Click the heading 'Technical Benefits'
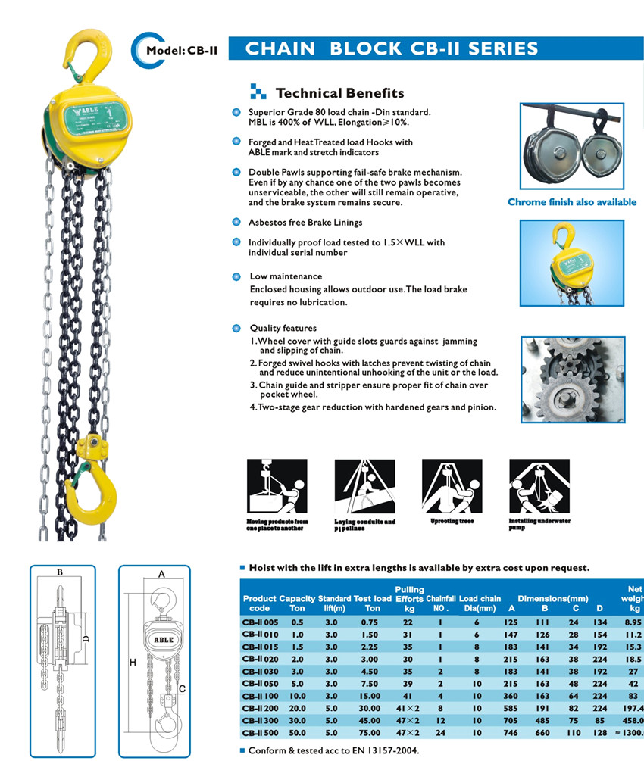coord(339,93)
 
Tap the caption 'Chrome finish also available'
coord(572,202)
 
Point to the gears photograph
coord(572,379)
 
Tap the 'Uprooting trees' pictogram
coord(452,488)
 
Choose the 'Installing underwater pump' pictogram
coord(539,488)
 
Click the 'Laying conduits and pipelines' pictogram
coord(365,488)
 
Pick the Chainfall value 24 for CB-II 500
coord(441,732)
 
